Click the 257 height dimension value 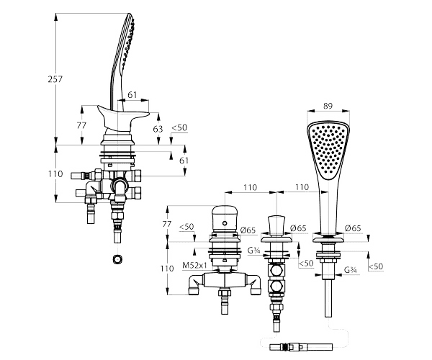tap(55, 79)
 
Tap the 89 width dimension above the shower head tap(328, 106)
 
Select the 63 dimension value tap(158, 129)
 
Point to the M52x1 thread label tap(195, 266)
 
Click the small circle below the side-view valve tap(117, 259)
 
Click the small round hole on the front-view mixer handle tap(225, 222)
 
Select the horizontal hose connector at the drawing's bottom tap(301, 347)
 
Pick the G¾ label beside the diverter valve tap(253, 251)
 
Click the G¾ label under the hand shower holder tap(351, 270)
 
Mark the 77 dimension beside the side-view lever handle tap(81, 125)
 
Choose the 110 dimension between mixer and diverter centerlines tap(251, 188)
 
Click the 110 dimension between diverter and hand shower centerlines tap(302, 188)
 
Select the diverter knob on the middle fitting tap(276, 226)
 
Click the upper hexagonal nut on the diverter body tap(276, 271)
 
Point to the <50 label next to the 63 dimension tap(179, 127)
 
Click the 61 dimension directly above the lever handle tap(132, 95)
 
